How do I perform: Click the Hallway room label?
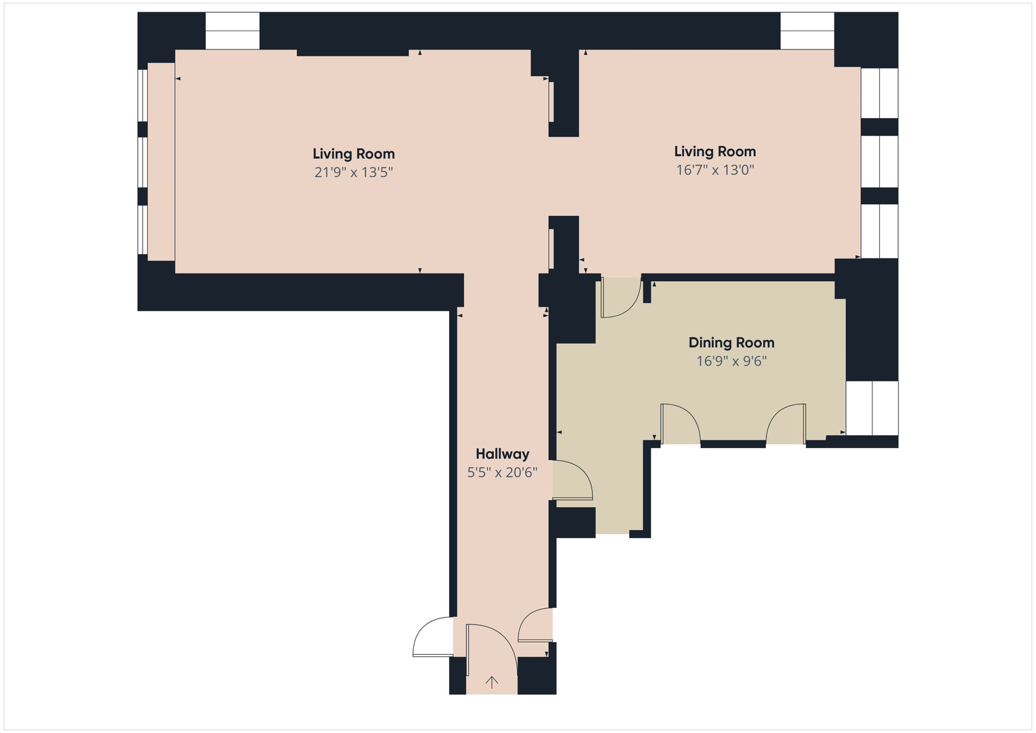pos(502,454)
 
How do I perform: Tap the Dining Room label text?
pos(731,343)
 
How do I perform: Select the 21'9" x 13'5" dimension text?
pos(353,172)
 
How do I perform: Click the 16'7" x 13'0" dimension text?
pos(715,170)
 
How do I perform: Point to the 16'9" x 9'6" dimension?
pos(731,361)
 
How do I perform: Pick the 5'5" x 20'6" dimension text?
pos(502,472)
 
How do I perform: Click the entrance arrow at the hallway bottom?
pos(492,682)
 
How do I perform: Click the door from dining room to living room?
pos(619,297)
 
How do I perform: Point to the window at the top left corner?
pos(232,31)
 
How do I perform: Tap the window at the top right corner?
pos(807,31)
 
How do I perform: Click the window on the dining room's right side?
pos(872,408)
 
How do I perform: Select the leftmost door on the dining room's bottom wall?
pos(680,424)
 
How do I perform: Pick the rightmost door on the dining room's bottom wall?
pos(786,424)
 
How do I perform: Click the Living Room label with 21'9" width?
pos(353,154)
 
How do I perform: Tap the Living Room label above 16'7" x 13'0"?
pos(715,151)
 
